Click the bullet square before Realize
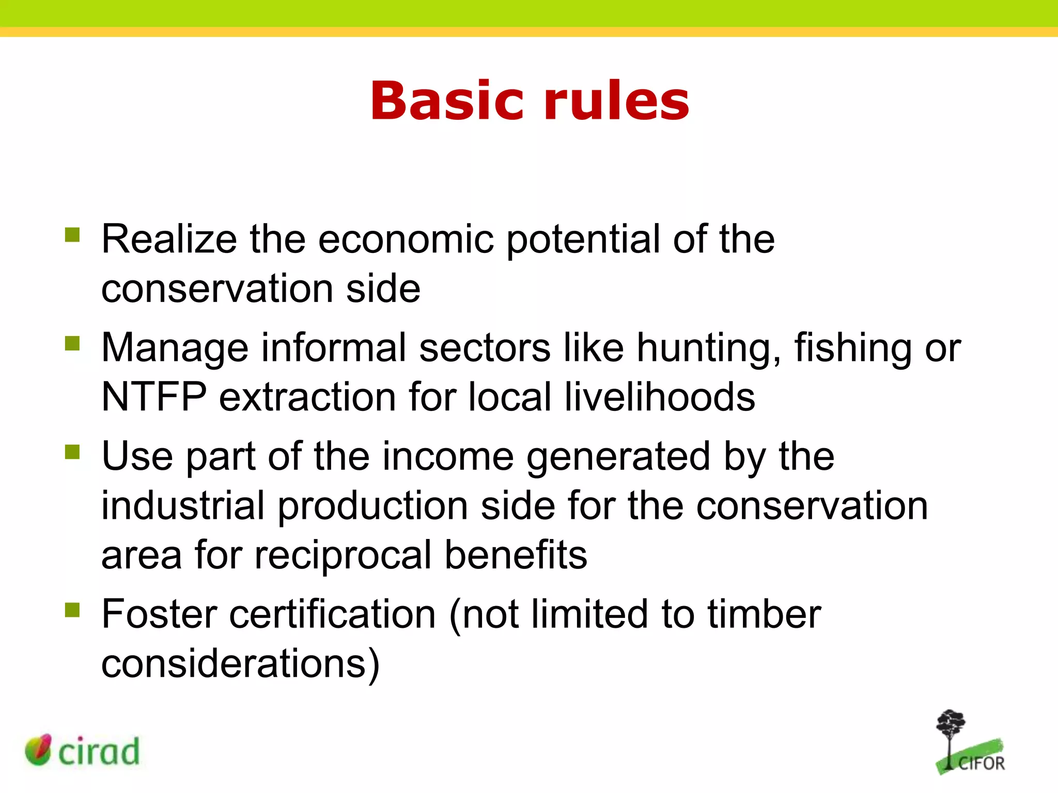pyautogui.click(x=72, y=235)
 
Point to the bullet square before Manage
pyautogui.click(x=72, y=343)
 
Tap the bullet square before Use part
pyautogui.click(x=72, y=452)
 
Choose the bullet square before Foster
pyautogui.click(x=72, y=610)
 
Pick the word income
pyautogui.click(x=448, y=456)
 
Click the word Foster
pyautogui.click(x=159, y=614)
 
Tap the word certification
pyautogui.click(x=333, y=614)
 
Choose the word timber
pyautogui.click(x=764, y=614)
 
